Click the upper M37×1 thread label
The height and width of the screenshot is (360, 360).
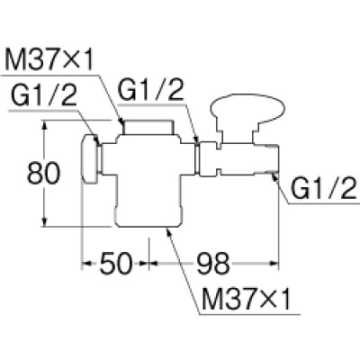[x=49, y=59]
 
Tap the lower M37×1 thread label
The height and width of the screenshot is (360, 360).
[x=247, y=299]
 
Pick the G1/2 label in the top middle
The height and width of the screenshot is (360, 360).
[x=150, y=89]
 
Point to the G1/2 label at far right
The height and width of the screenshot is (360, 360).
[x=324, y=188]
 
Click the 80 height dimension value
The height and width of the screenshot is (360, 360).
[x=44, y=174]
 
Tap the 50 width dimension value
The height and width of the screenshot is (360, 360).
[x=116, y=264]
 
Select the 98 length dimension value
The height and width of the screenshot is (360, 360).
[x=213, y=264]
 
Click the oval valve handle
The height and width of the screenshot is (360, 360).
[x=247, y=109]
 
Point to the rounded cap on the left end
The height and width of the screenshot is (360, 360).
[x=90, y=159]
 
